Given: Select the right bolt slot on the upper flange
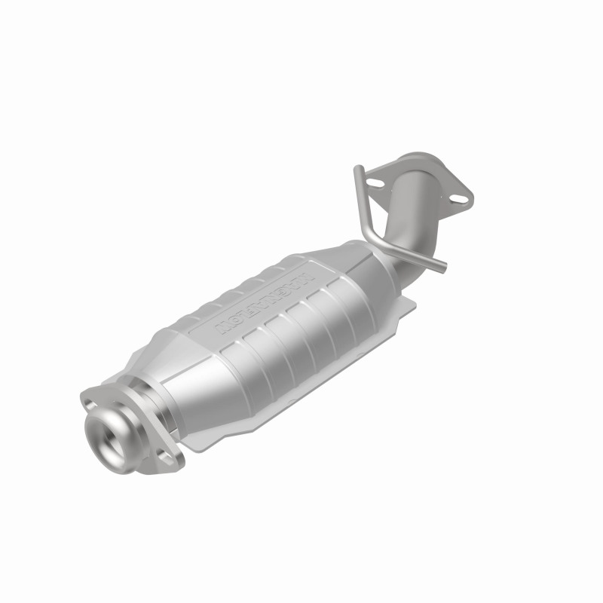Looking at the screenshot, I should (455, 198).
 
